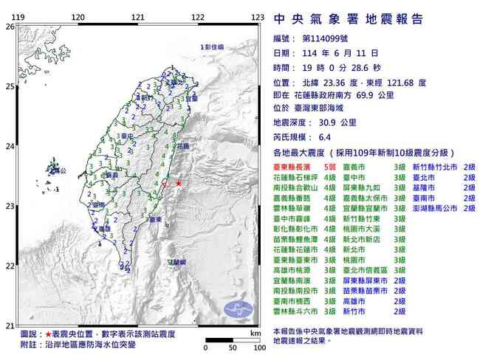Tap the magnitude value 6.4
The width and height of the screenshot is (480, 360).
point(312,136)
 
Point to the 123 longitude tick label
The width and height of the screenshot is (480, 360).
point(257,17)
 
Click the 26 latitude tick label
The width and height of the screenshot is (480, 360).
point(10,27)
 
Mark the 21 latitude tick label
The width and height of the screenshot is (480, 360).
point(10,325)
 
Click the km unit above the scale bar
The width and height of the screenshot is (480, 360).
point(255,333)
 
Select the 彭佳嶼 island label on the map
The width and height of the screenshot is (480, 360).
point(213,47)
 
